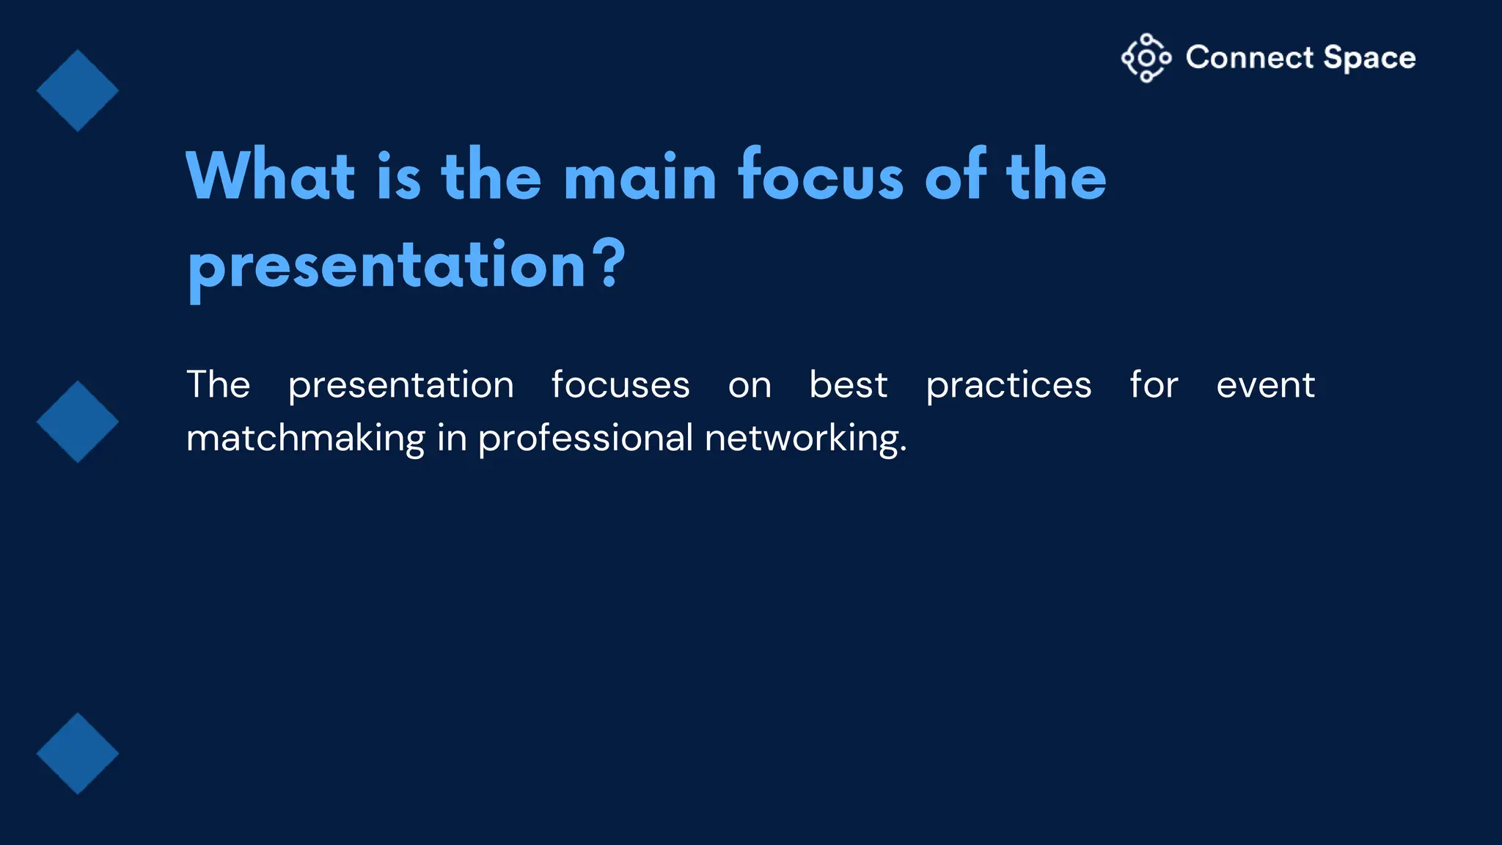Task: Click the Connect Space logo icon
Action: (1146, 58)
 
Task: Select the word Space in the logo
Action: (1369, 58)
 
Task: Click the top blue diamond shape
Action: (78, 91)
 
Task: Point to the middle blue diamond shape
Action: (78, 422)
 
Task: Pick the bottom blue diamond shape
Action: (78, 753)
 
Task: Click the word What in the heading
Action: (271, 176)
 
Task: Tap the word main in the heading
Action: (640, 176)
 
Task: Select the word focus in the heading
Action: (821, 176)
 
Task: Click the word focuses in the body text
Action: (620, 385)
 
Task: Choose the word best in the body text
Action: (848, 385)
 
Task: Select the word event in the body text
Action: (1265, 385)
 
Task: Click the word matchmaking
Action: (305, 439)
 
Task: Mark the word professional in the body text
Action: (585, 439)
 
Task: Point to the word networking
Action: (805, 439)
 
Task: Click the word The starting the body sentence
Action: (218, 385)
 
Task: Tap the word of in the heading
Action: (955, 176)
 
